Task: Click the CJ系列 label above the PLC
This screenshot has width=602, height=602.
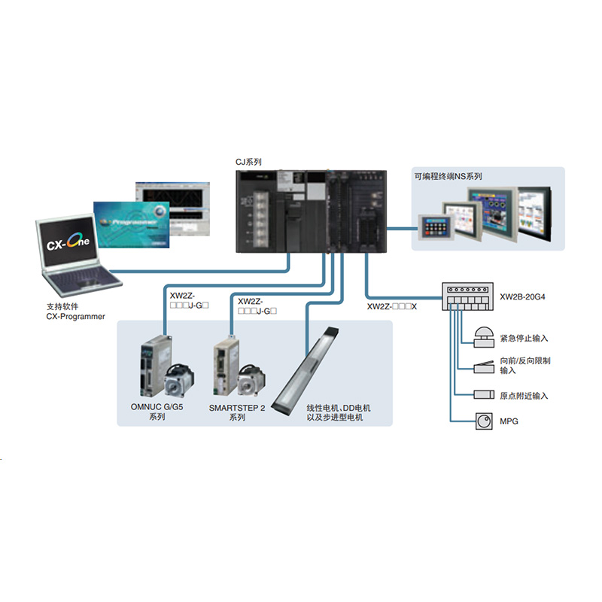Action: pyautogui.click(x=249, y=162)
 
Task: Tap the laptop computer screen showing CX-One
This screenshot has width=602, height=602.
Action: pyautogui.click(x=69, y=243)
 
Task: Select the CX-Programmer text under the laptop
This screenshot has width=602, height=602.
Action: pyautogui.click(x=75, y=317)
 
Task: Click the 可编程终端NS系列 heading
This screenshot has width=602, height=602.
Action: pyautogui.click(x=448, y=176)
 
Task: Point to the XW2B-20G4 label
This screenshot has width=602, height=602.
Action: pyautogui.click(x=522, y=296)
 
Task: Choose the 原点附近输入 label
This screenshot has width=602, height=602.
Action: pyautogui.click(x=524, y=395)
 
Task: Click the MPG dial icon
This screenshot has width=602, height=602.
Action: pyautogui.click(x=482, y=421)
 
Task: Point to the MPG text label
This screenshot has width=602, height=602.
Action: pyautogui.click(x=509, y=421)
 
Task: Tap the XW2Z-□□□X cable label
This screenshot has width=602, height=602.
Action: pyautogui.click(x=392, y=307)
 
